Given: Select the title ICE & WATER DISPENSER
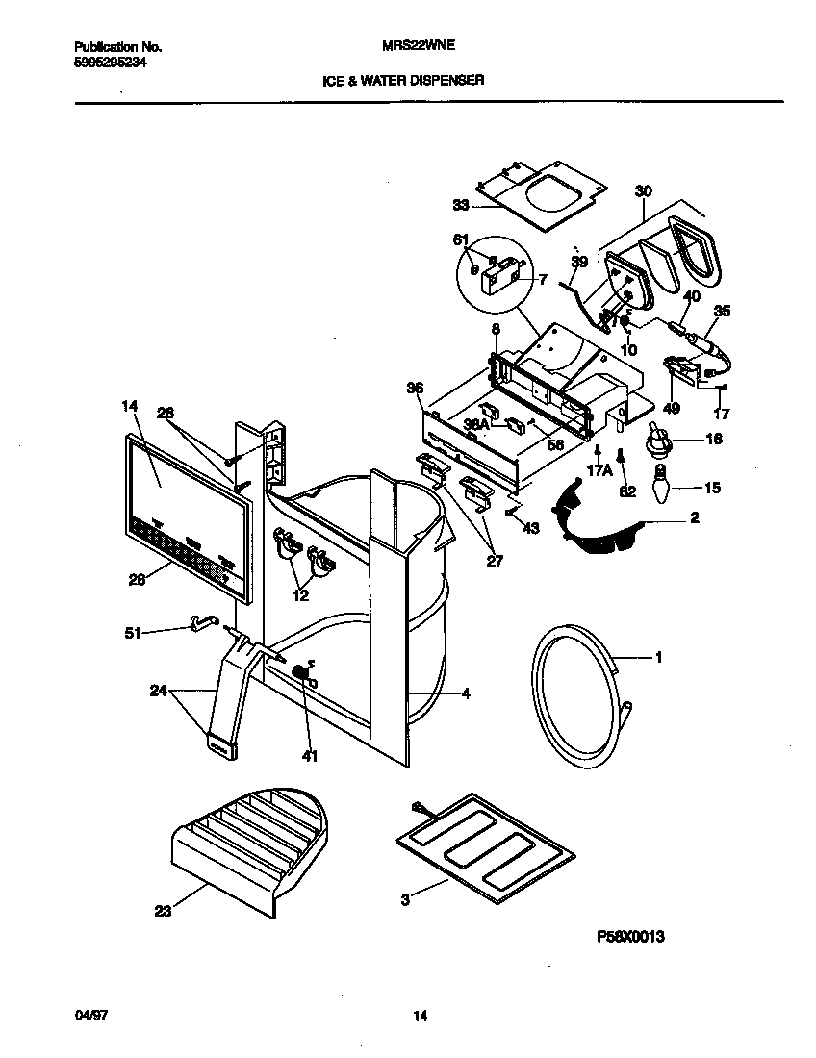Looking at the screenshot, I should pos(402,81).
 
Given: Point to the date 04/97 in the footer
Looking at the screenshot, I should pos(88,1017).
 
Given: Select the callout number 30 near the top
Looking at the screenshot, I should pos(642,192).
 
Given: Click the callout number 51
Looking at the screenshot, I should pos(133,633).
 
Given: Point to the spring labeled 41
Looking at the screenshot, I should pos(302,673).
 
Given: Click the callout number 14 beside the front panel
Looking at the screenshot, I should pos(130,407).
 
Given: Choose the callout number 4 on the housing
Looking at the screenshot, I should pos(466,693).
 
